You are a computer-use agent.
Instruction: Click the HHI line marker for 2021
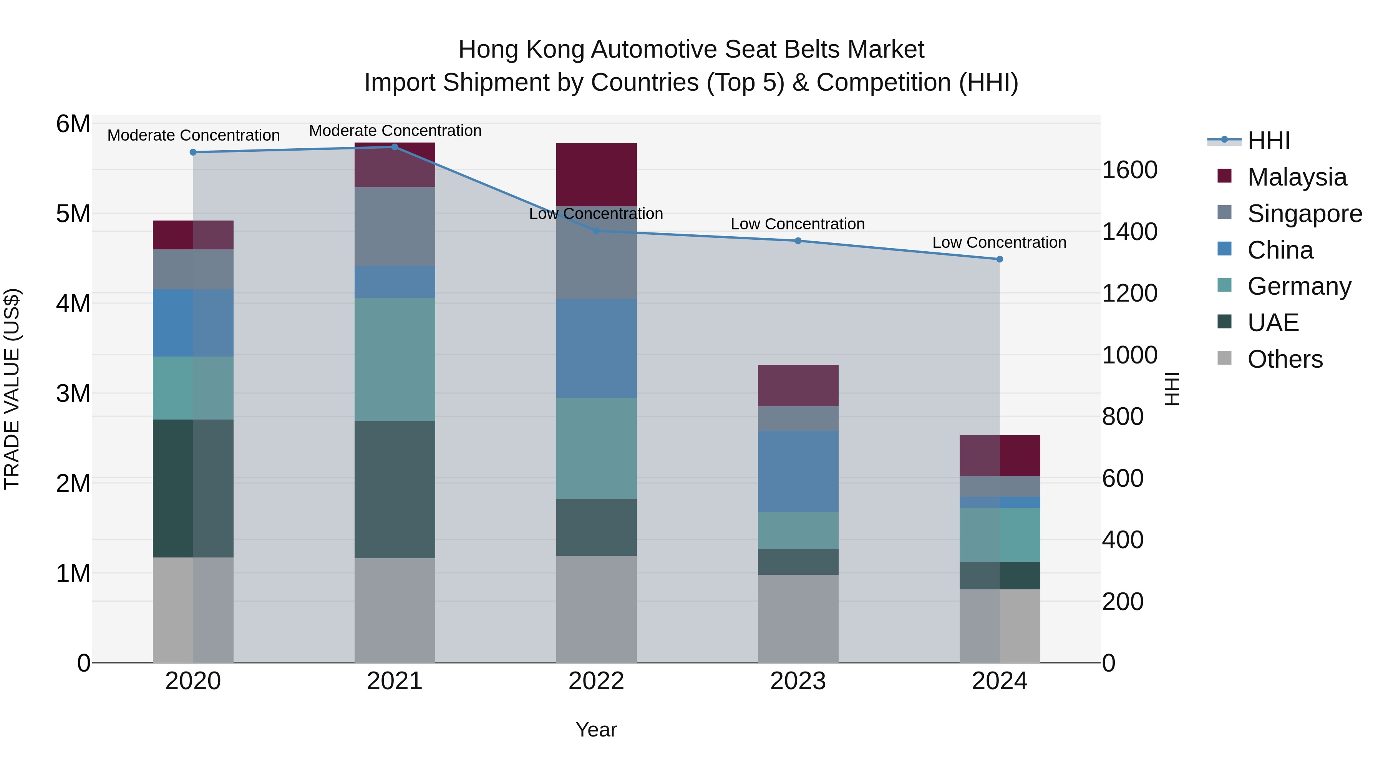[x=395, y=147]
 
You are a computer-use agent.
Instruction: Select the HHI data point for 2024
[x=999, y=259]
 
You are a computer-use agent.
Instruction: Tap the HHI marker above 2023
[x=798, y=241]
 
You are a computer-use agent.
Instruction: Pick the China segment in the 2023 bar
[x=798, y=471]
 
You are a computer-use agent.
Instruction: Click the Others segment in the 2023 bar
[x=798, y=619]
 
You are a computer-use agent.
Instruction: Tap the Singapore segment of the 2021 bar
[x=395, y=227]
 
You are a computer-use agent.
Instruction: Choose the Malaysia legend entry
[x=1297, y=177]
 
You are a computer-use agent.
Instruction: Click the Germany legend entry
[x=1299, y=286]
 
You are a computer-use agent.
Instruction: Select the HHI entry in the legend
[x=1268, y=141]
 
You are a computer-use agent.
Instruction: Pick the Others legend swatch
[x=1225, y=358]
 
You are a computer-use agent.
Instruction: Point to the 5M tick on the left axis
[x=73, y=214]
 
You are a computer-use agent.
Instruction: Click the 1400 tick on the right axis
[x=1129, y=232]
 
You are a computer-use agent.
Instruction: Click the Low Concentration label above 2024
[x=999, y=243]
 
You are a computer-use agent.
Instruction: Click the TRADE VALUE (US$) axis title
[x=12, y=389]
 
